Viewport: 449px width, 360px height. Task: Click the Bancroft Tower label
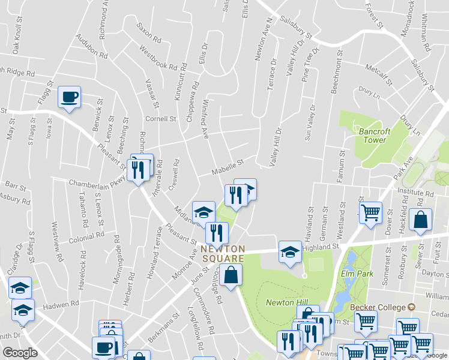point(375,135)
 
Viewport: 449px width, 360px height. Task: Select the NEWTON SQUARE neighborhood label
point(223,253)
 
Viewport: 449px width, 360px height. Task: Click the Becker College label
point(378,307)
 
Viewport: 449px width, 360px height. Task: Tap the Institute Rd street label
point(416,193)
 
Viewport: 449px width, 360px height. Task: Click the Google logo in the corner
point(20,353)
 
